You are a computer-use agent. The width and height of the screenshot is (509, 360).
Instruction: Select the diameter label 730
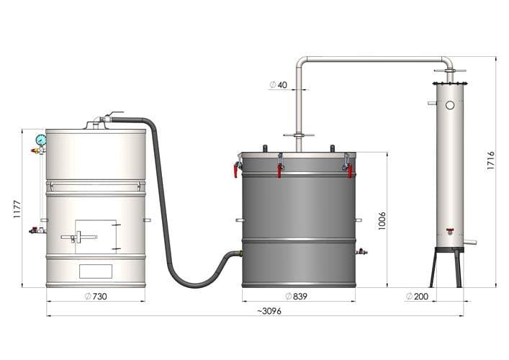(x=96, y=297)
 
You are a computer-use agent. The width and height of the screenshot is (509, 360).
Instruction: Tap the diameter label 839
(x=298, y=297)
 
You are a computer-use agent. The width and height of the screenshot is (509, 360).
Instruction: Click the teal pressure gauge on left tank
(x=41, y=140)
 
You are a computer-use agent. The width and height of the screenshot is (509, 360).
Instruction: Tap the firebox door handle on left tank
(x=80, y=236)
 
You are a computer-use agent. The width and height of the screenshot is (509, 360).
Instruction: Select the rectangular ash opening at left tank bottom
(x=95, y=271)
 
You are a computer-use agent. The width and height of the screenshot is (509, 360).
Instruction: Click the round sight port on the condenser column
(x=450, y=105)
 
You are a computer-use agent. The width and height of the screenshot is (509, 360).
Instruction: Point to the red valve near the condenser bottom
(x=450, y=231)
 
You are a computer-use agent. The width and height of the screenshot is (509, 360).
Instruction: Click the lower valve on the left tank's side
(x=35, y=230)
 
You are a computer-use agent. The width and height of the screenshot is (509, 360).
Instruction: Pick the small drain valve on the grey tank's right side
(x=362, y=252)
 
